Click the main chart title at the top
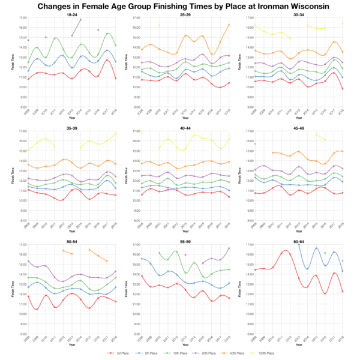pos(180,6)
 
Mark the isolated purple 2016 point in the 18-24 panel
pos(98,30)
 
